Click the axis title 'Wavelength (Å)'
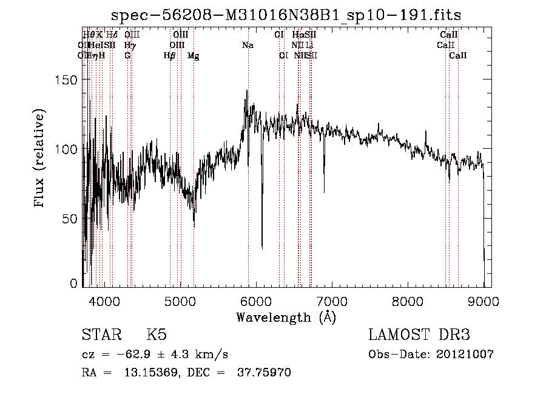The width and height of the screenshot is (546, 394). point(286,318)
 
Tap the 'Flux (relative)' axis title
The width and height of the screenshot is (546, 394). point(40,159)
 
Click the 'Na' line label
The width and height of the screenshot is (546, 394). point(248,45)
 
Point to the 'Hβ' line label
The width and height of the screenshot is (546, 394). point(169,55)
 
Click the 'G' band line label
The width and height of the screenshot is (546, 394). point(127,55)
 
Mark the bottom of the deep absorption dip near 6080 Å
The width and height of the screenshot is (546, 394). point(262,248)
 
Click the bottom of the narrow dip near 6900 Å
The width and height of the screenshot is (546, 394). point(324,192)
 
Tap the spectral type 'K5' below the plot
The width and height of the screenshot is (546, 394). point(157,335)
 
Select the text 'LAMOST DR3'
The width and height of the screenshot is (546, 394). point(419,335)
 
